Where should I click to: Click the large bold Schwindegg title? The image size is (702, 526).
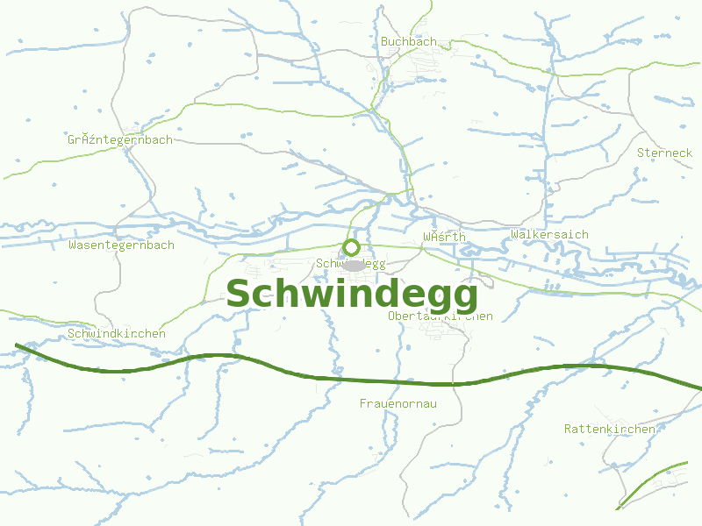[x=352, y=295]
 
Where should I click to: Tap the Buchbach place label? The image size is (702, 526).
[x=408, y=41]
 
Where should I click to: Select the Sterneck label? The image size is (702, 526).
[x=664, y=153]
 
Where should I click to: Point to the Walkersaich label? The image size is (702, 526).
[x=549, y=234]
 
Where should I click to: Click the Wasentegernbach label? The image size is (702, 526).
[x=121, y=245]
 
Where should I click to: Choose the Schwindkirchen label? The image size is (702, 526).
[x=117, y=334]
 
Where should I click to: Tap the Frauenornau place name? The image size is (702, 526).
[x=398, y=404]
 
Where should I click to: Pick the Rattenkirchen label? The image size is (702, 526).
[x=609, y=429]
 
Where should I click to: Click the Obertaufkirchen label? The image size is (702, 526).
[x=441, y=316]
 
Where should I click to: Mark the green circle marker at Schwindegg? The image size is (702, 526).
[x=352, y=247]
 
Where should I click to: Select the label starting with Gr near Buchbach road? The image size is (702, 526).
[x=120, y=139]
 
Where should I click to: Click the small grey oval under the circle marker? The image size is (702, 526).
[x=353, y=265]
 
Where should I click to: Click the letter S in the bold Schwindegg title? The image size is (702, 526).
[x=240, y=295]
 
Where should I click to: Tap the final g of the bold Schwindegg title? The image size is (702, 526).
[x=464, y=298]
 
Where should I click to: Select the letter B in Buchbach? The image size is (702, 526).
[x=384, y=41]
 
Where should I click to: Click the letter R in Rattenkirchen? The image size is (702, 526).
[x=569, y=429]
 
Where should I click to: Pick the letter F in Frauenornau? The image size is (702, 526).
[x=363, y=404]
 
